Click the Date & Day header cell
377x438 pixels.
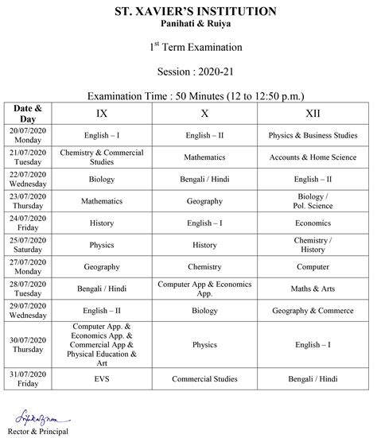pyautogui.click(x=28, y=113)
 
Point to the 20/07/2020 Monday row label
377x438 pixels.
pyautogui.click(x=28, y=135)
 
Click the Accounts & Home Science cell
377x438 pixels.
pyautogui.click(x=313, y=157)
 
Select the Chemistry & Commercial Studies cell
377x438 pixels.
pyautogui.click(x=102, y=157)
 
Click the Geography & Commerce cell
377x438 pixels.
pyautogui.click(x=313, y=312)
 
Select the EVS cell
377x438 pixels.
pyautogui.click(x=102, y=379)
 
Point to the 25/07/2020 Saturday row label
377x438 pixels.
pyautogui.click(x=28, y=245)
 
